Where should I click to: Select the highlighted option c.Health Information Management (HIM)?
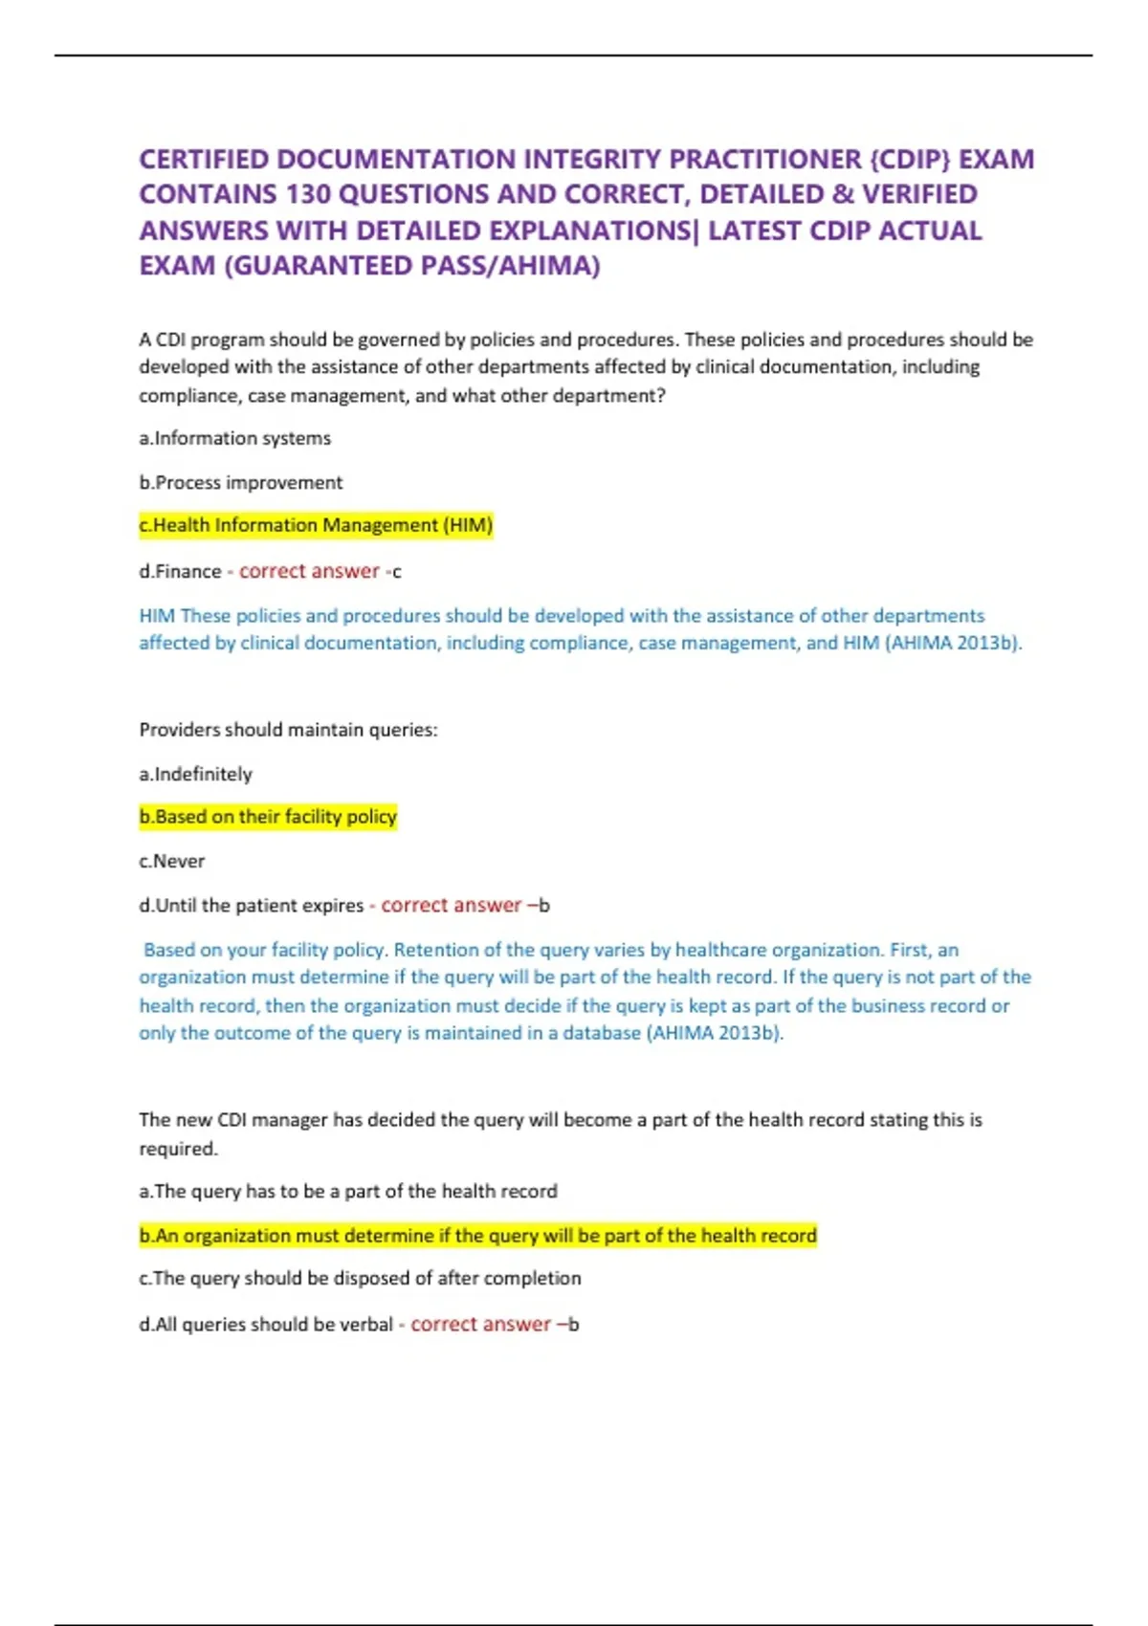(x=316, y=525)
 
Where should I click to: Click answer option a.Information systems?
(x=234, y=438)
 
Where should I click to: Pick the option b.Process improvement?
(x=240, y=482)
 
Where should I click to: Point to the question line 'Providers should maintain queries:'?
(x=288, y=730)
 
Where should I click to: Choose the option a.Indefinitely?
(x=195, y=774)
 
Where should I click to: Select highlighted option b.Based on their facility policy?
(x=268, y=817)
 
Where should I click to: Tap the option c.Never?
(x=172, y=861)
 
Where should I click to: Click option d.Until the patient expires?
(x=252, y=905)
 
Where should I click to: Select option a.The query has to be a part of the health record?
(x=348, y=1191)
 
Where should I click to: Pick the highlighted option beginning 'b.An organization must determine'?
(x=477, y=1236)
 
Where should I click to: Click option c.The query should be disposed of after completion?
(x=360, y=1278)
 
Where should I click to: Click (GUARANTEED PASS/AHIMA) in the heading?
(x=411, y=265)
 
